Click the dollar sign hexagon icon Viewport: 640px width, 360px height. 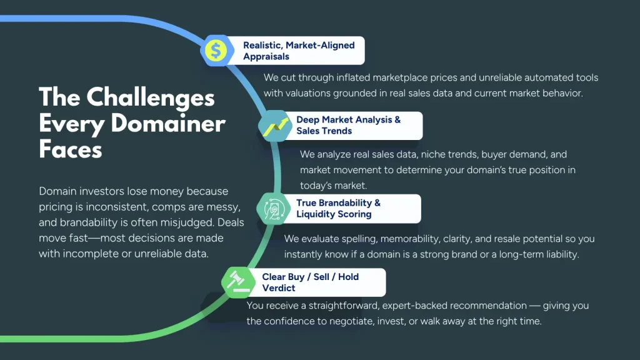pos(216,51)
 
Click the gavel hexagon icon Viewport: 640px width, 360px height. pos(237,282)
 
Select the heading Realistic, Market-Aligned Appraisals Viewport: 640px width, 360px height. pos(299,51)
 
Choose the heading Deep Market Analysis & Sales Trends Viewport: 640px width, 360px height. pos(348,125)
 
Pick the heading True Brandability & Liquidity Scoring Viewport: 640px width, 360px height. pos(338,208)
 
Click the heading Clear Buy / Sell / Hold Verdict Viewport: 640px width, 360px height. pos(310,282)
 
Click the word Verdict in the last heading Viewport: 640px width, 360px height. pos(279,288)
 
